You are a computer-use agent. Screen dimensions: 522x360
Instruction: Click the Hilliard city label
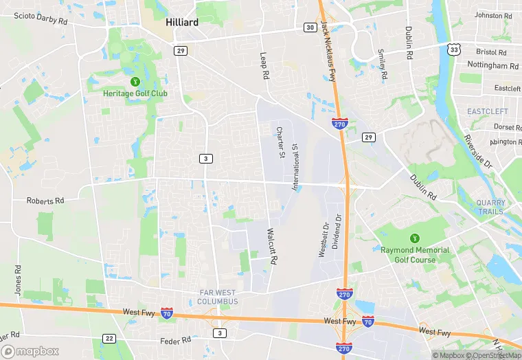(182, 22)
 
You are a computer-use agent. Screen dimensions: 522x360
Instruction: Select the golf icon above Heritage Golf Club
(135, 81)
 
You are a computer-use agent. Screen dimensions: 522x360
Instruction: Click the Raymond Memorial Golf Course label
(415, 255)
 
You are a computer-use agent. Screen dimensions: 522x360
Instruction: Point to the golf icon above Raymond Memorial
(414, 238)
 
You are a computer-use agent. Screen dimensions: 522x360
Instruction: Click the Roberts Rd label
(45, 201)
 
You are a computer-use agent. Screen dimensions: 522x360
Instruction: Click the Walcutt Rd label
(271, 247)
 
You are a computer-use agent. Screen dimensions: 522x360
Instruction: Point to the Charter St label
(280, 142)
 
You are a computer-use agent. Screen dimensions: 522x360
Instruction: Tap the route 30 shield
(310, 27)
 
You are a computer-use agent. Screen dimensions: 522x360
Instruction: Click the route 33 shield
(453, 49)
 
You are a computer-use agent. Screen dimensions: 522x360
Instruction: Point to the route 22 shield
(109, 338)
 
